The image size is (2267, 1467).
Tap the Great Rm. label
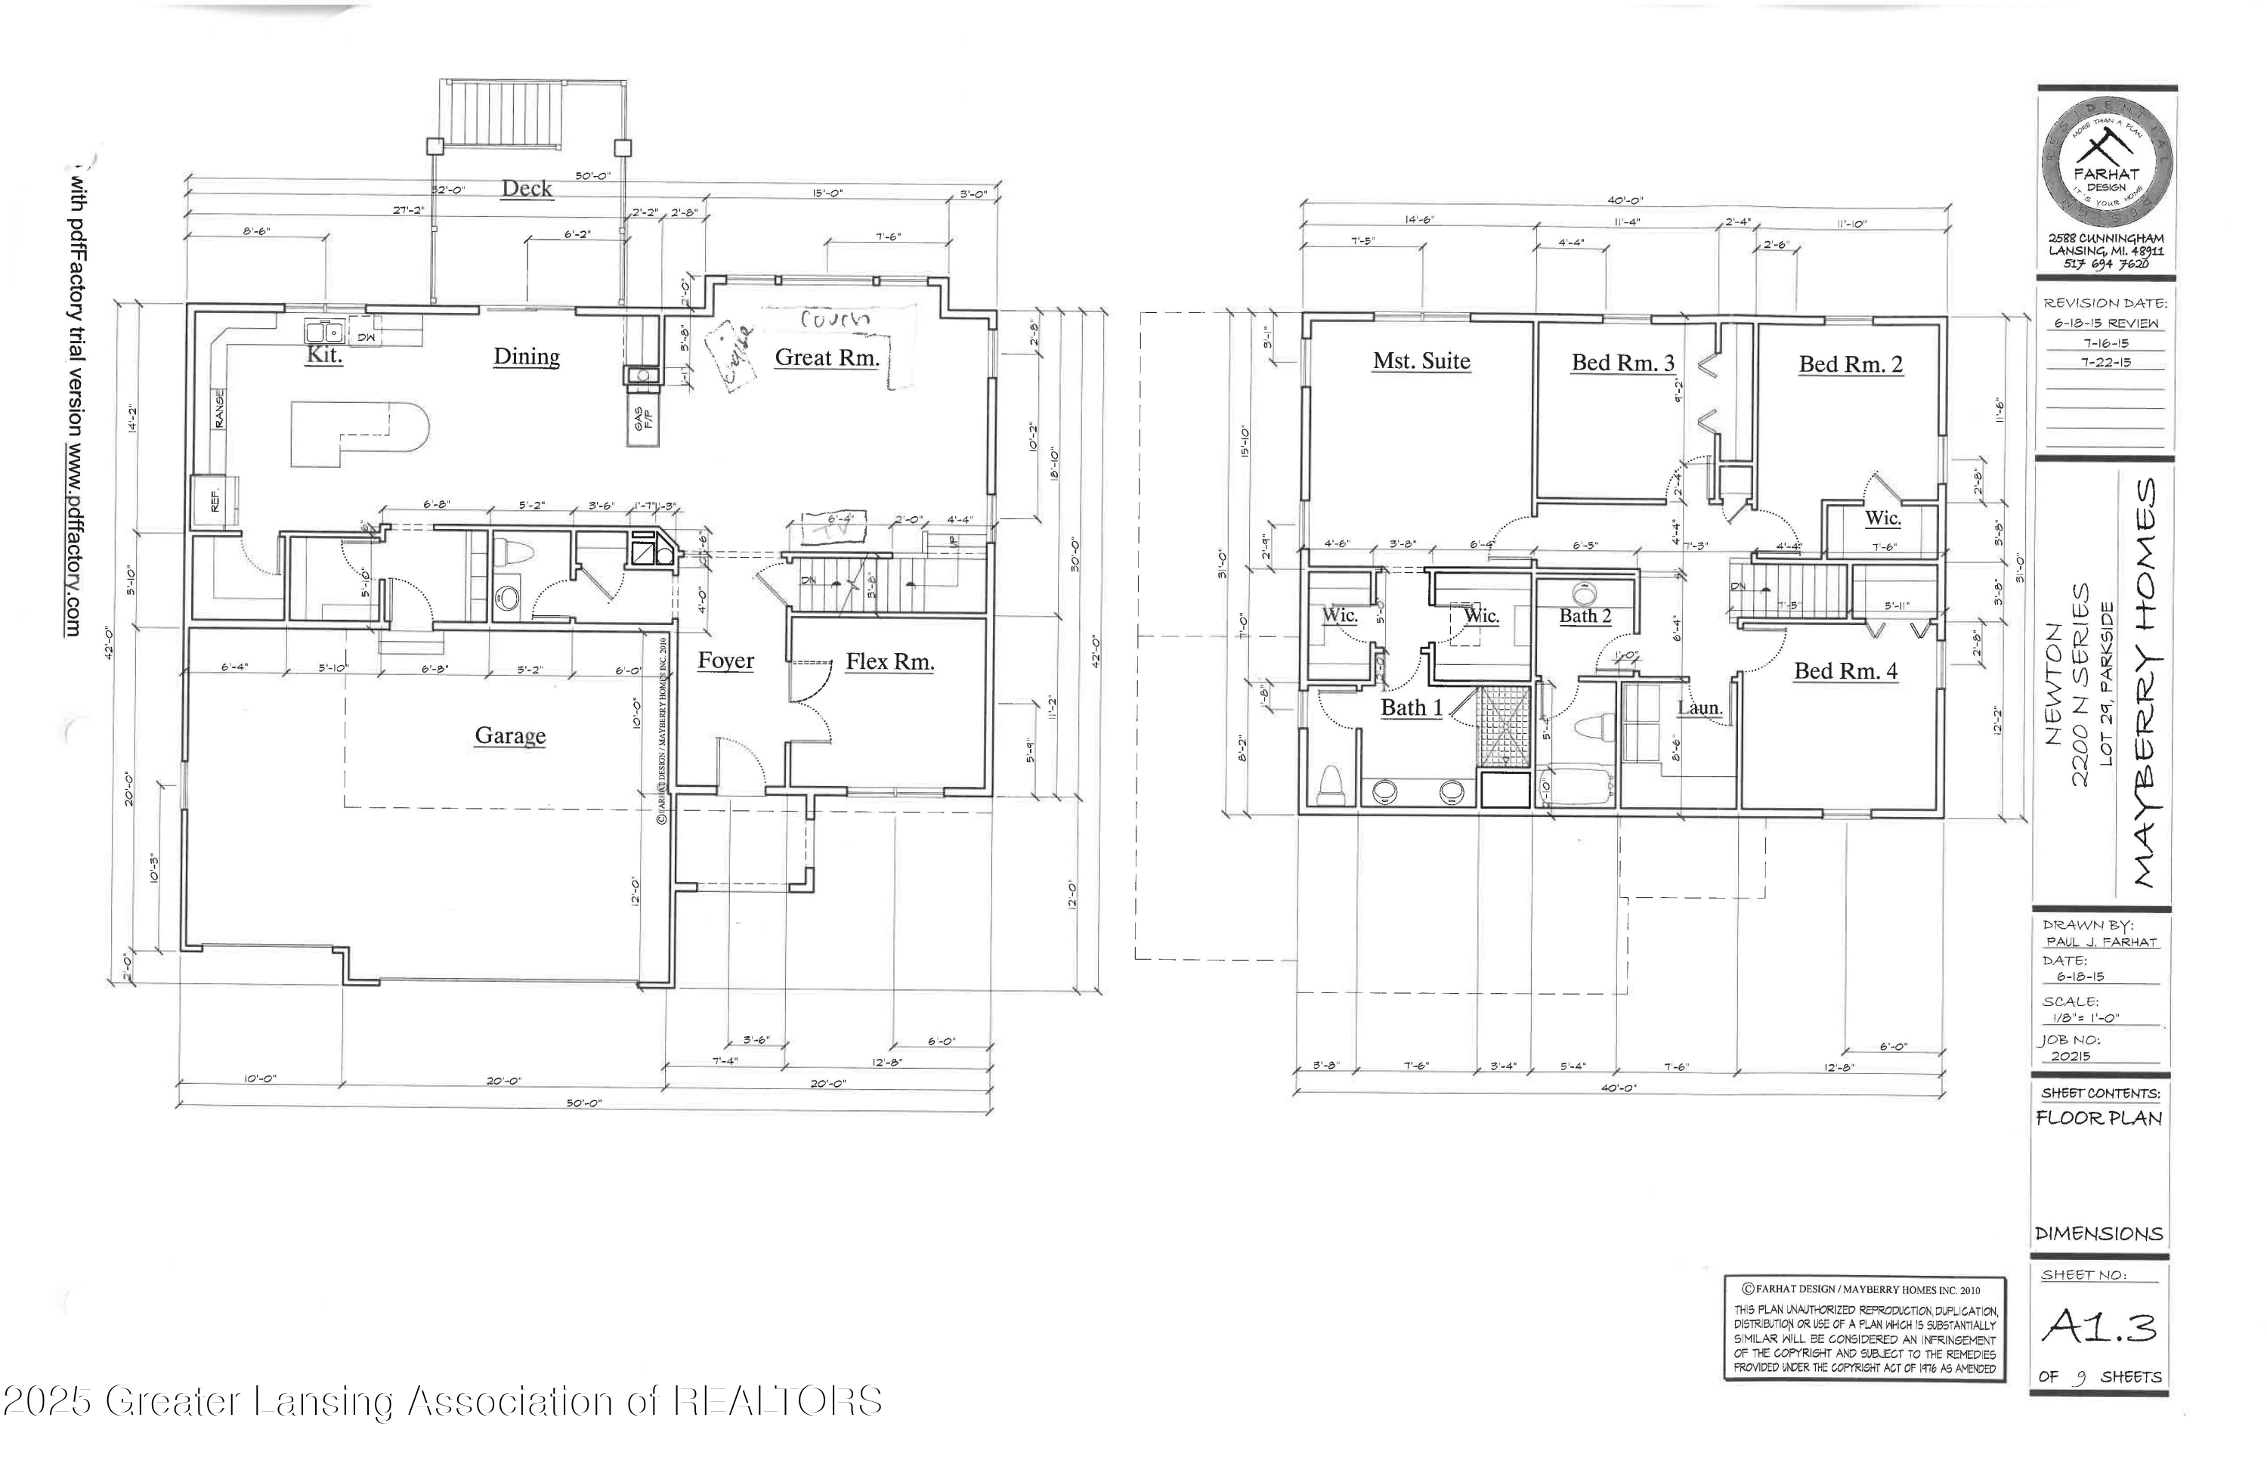(826, 357)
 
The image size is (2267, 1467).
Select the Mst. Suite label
(1421, 361)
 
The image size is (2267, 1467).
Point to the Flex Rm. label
(889, 662)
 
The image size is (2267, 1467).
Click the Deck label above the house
(527, 189)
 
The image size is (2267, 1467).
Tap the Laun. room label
(1699, 707)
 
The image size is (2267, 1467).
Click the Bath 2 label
(1585, 616)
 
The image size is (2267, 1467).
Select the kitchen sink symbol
(324, 333)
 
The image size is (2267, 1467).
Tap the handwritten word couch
(835, 319)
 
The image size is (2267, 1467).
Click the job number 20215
(2072, 1056)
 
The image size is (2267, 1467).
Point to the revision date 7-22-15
(2105, 362)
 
